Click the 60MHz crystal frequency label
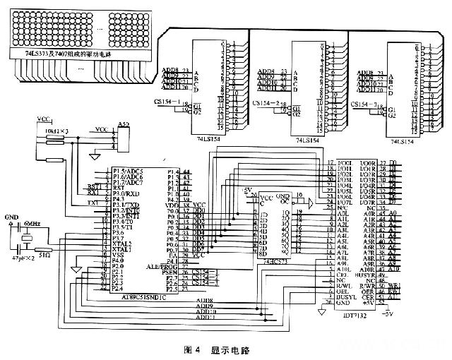pos(32,224)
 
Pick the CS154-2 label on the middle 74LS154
pos(264,103)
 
